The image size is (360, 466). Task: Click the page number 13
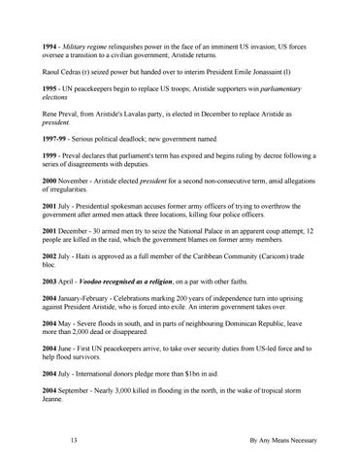point(74,441)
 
